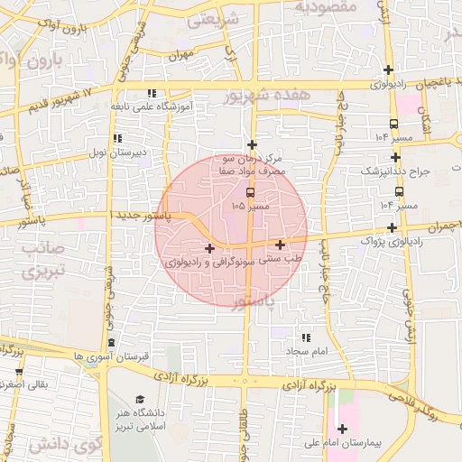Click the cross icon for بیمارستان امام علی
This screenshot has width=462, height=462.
point(342,429)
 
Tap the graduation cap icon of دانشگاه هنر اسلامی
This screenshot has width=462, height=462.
point(139,400)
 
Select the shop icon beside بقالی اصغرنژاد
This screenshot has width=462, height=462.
point(19,371)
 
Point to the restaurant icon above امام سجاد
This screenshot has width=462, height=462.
point(304,337)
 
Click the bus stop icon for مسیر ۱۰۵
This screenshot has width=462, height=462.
point(250,192)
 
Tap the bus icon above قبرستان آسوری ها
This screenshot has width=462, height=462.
point(111,343)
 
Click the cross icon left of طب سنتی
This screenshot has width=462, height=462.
point(281,245)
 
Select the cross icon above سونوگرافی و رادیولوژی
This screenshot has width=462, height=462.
point(209,248)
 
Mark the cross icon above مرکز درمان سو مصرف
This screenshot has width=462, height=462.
point(253,144)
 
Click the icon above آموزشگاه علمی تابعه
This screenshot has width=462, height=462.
point(152,92)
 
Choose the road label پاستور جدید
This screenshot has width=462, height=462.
point(148,217)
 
